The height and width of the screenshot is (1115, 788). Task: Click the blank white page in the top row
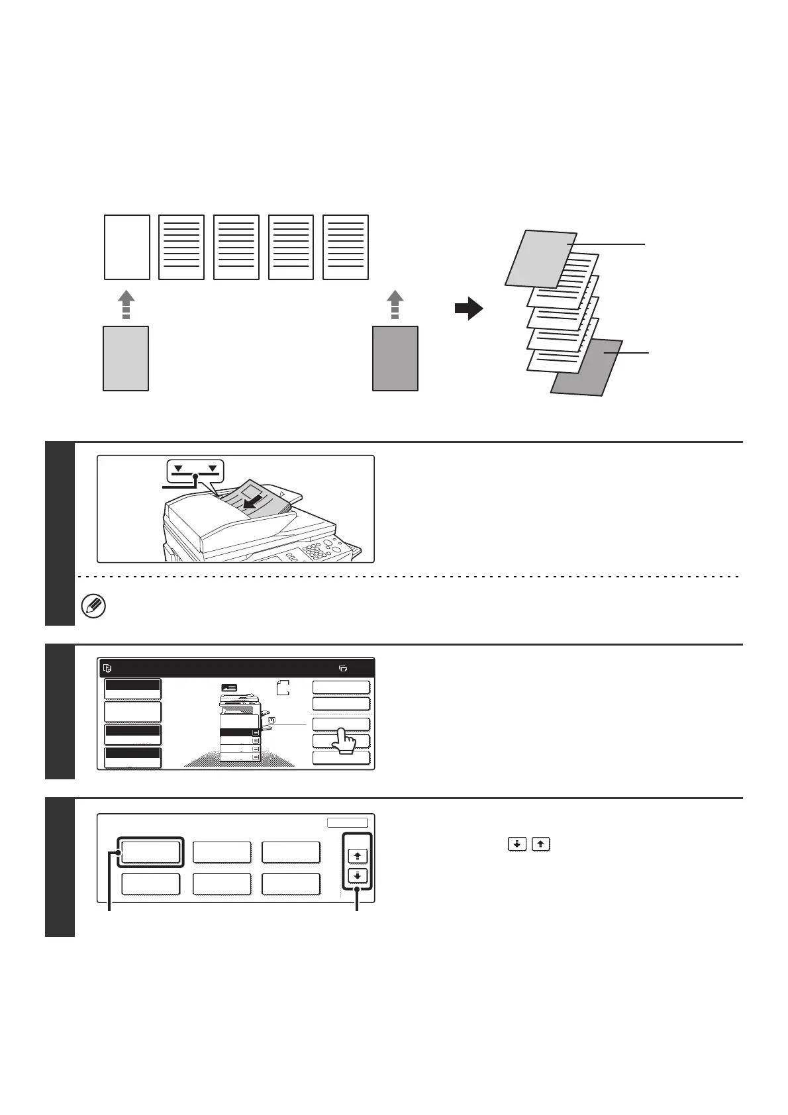(x=127, y=247)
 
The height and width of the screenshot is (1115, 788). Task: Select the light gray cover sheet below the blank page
(x=126, y=358)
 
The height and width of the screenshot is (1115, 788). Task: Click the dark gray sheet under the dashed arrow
(x=395, y=358)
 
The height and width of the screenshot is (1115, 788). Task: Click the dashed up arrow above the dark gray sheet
(x=395, y=305)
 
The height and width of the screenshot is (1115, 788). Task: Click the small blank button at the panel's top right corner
(x=347, y=823)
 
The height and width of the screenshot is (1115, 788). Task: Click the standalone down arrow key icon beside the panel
(x=518, y=844)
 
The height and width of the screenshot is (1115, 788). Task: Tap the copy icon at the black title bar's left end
(x=108, y=668)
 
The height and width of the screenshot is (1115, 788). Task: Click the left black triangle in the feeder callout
(x=178, y=469)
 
